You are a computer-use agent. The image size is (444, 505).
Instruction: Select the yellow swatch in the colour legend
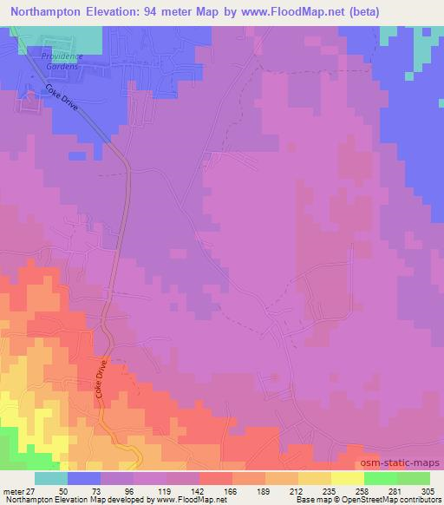[x=348, y=478]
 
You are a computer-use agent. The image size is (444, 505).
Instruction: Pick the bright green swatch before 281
[x=381, y=478]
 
